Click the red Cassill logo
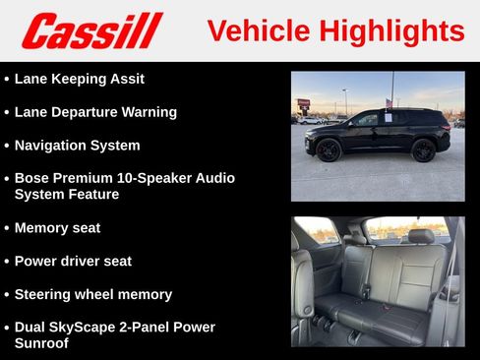tap(91, 30)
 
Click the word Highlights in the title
tap(392, 30)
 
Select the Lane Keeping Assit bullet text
tap(79, 79)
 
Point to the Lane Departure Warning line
tap(95, 112)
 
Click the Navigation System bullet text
tap(77, 146)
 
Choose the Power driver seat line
tap(73, 262)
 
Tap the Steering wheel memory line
tap(92, 294)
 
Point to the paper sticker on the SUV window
tap(388, 118)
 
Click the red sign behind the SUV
tap(303, 103)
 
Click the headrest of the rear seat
tap(421, 237)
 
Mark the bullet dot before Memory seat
tap(7, 228)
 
